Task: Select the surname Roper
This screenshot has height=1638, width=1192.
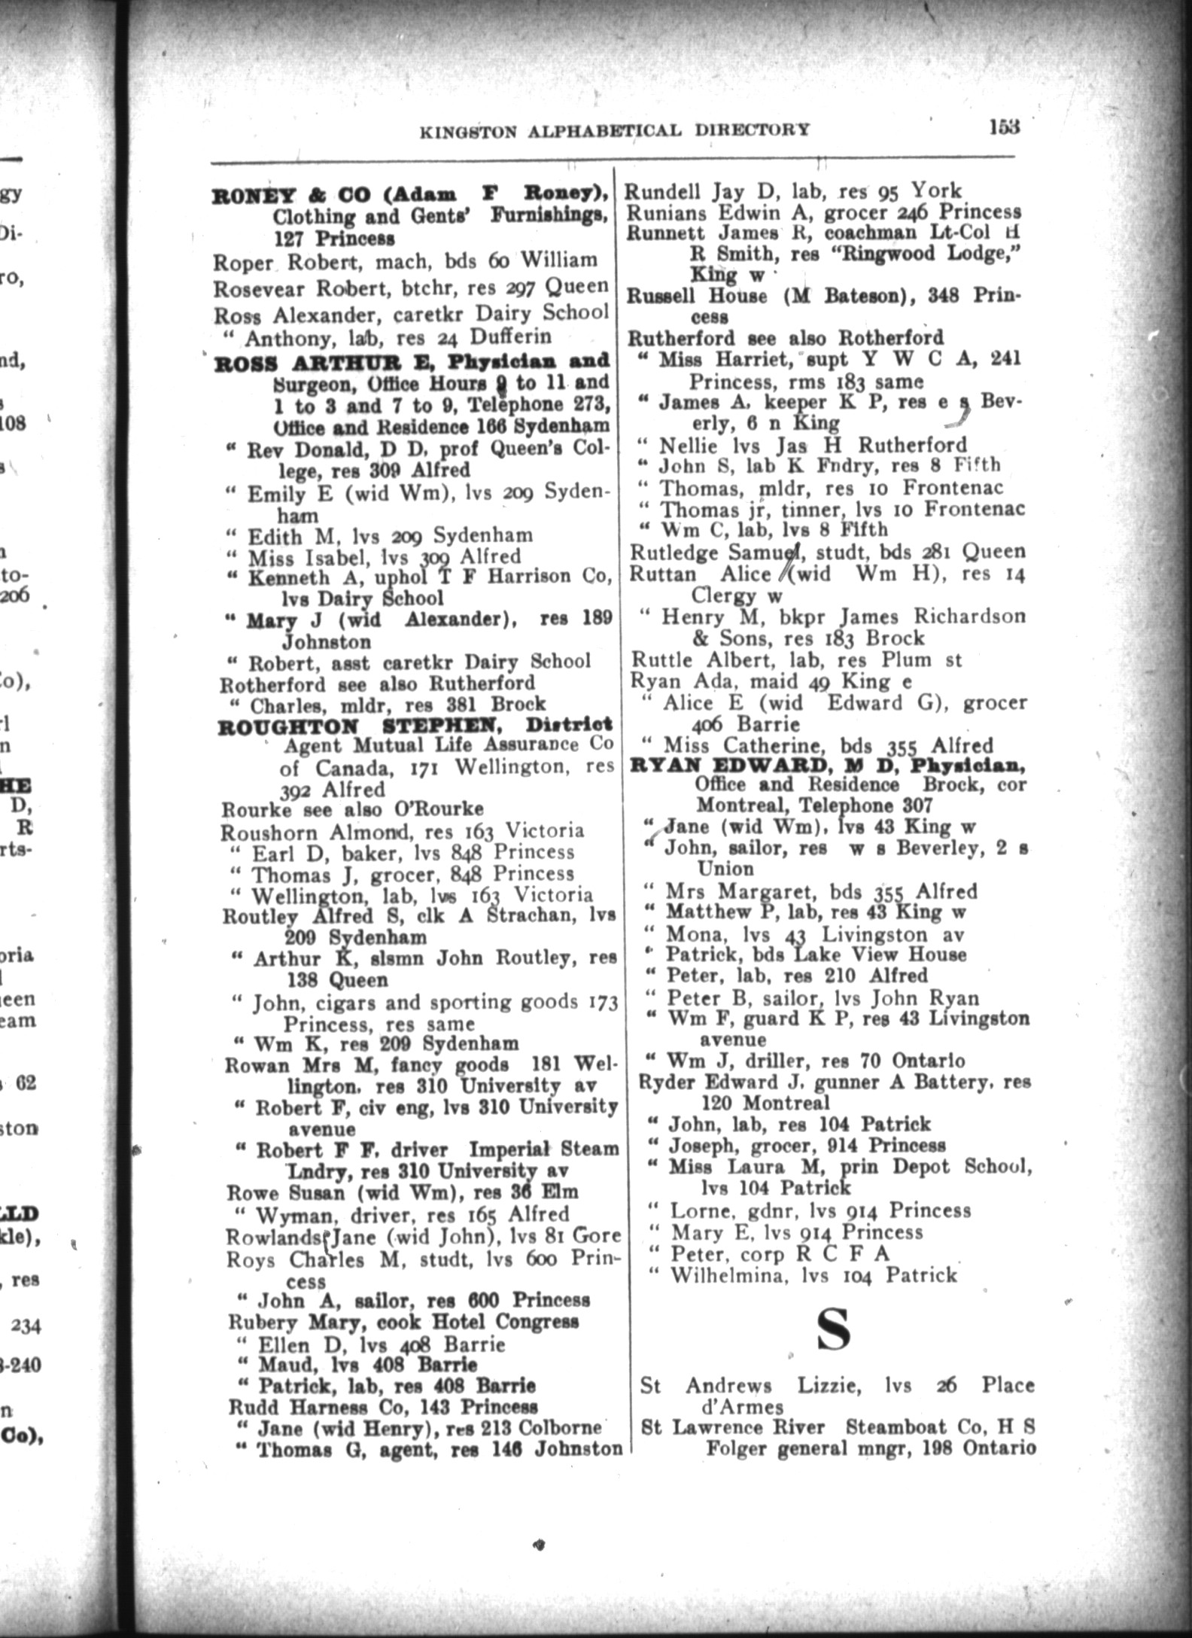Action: pyautogui.click(x=242, y=262)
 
